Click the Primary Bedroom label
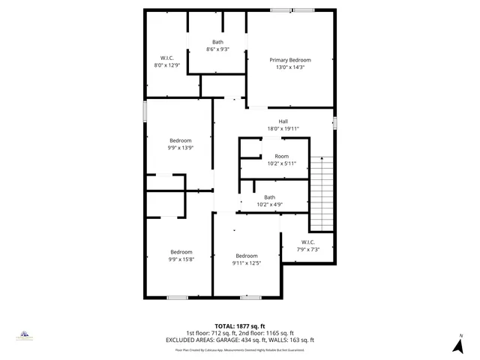pos(289,60)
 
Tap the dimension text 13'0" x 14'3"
pos(289,67)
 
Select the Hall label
pos(283,121)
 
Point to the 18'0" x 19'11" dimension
pos(283,129)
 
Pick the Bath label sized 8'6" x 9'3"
pos(217,42)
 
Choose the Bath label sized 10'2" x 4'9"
pos(269,197)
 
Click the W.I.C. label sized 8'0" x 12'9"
pos(167,58)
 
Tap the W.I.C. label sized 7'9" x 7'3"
pos(307,241)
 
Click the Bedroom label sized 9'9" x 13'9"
pos(180,140)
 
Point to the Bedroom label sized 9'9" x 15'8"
pos(181,252)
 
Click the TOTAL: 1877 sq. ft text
pos(240,327)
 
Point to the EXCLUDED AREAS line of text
pos(240,340)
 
